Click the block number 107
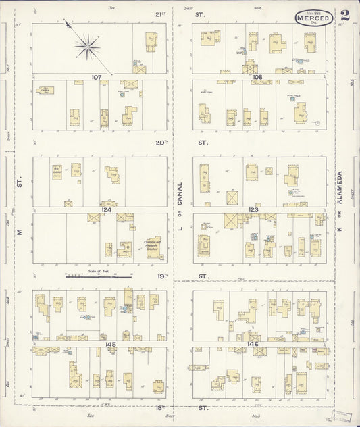[x=97, y=78]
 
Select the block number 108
[x=257, y=78]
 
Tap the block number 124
[x=106, y=210]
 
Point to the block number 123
[x=253, y=210]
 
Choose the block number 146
[x=254, y=345]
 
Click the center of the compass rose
[x=86, y=46]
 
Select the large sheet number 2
[x=345, y=16]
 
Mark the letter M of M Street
[x=20, y=232]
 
